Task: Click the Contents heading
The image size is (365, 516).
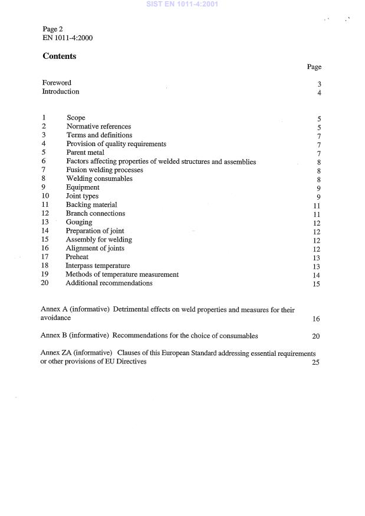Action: (60, 57)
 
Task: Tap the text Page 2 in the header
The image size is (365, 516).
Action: (54, 29)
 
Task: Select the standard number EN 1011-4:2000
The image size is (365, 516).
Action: (67, 38)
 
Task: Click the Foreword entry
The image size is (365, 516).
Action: (57, 83)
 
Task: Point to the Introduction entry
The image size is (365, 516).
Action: (60, 92)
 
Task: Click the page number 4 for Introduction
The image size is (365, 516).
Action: (318, 92)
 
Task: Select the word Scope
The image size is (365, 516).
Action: (76, 118)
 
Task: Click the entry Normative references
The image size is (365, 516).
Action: (98, 127)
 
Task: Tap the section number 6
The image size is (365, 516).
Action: (44, 161)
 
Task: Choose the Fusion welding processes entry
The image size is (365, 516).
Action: (104, 170)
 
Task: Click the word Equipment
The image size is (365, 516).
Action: (83, 187)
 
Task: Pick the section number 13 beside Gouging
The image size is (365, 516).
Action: (45, 222)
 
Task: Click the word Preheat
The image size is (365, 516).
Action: (78, 257)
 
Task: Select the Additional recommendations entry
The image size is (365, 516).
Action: (108, 283)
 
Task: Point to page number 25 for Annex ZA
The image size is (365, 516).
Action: (315, 362)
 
